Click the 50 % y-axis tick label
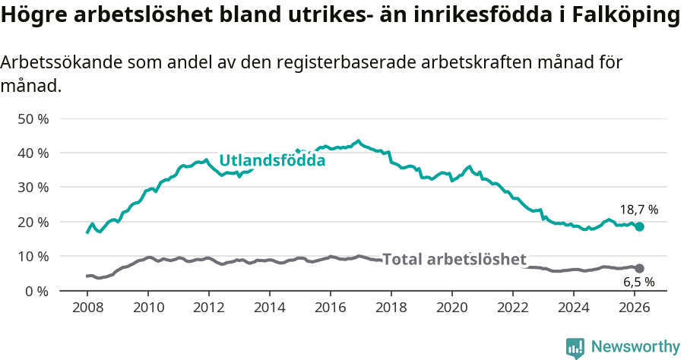[33, 119]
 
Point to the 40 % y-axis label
[33, 153]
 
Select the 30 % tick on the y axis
[33, 188]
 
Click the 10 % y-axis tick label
[33, 257]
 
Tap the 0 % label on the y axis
[36, 291]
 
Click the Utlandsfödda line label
[272, 161]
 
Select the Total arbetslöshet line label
[454, 259]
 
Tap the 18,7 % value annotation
[638, 210]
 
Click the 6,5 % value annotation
[639, 283]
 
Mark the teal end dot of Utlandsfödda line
[640, 226]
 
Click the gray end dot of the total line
[640, 268]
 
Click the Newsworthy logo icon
[575, 347]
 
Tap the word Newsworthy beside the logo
[635, 347]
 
